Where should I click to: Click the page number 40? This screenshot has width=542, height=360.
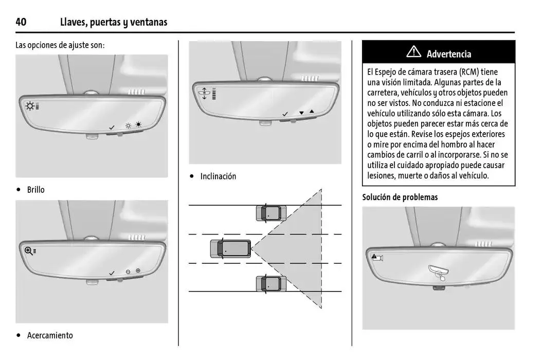(x=21, y=22)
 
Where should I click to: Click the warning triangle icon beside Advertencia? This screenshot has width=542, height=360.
(x=413, y=52)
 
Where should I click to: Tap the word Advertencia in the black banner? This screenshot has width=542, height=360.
(x=449, y=54)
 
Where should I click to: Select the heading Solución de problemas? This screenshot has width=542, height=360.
(x=400, y=197)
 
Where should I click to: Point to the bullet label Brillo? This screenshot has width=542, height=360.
(x=35, y=189)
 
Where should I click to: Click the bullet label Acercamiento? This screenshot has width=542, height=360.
(x=50, y=335)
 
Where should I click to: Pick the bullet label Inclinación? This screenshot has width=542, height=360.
(x=218, y=176)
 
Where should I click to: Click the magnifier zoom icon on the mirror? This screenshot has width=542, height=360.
(x=29, y=251)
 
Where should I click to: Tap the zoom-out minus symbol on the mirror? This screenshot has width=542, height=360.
(x=128, y=272)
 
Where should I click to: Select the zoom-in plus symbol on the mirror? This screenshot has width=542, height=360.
(x=138, y=271)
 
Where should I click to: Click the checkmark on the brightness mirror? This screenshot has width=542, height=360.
(x=112, y=128)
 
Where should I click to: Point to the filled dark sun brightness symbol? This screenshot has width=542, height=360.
(x=139, y=124)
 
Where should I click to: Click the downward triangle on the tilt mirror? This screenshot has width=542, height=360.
(x=301, y=113)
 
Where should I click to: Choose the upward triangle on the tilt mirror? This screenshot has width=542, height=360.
(x=312, y=112)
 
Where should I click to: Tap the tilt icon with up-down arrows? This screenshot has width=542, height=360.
(x=204, y=94)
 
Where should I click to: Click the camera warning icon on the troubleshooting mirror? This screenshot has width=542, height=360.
(x=377, y=257)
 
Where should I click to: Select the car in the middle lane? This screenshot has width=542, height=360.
(x=230, y=248)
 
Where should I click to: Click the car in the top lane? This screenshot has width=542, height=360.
(x=272, y=213)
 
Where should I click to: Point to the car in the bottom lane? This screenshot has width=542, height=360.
(x=272, y=284)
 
